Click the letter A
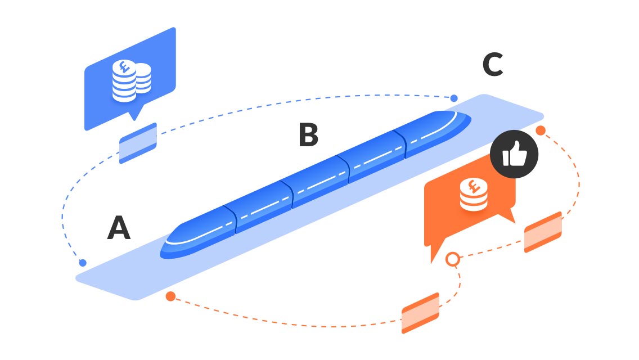[x=119, y=228]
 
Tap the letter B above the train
[x=308, y=136]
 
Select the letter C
[x=493, y=65]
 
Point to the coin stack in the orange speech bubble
[x=473, y=195]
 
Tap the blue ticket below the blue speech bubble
[x=138, y=143]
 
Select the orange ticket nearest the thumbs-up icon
[x=543, y=232]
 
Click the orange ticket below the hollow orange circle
[x=420, y=313]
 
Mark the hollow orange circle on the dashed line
[x=452, y=259]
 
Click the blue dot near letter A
[x=83, y=263]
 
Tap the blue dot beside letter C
[x=454, y=98]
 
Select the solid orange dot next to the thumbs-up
[x=540, y=130]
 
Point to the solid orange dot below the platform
[x=170, y=296]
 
